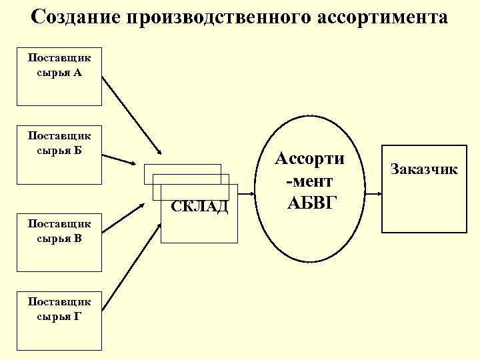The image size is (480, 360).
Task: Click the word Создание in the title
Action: click(73, 17)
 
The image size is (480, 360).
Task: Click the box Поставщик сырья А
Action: click(59, 76)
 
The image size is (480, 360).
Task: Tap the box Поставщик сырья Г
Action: click(59, 321)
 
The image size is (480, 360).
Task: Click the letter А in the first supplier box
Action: click(78, 72)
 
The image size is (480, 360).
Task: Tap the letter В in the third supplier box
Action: click(78, 238)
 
